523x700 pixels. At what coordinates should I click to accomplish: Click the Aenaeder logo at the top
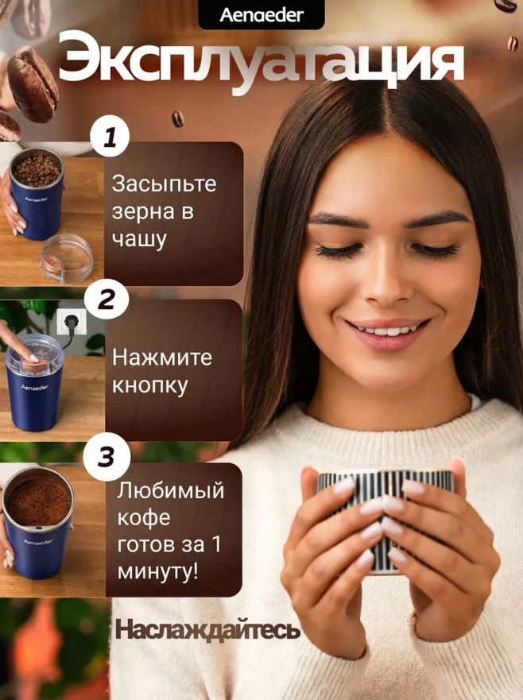tap(261, 15)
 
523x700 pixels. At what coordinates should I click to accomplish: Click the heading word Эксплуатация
tap(261, 62)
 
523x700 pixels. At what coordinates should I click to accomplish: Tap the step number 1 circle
tap(110, 137)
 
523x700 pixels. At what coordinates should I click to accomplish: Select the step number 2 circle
tap(107, 299)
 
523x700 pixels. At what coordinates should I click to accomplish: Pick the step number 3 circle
tap(107, 457)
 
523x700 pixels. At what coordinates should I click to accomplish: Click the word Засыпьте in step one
tap(164, 183)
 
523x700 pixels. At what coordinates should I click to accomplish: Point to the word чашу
tap(139, 239)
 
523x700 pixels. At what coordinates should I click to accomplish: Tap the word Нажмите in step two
tap(162, 357)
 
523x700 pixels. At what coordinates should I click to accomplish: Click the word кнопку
tap(149, 385)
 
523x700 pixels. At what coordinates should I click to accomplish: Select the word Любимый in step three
tap(171, 490)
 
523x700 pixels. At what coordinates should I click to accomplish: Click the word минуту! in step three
tap(157, 572)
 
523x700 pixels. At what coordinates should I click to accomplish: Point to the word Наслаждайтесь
tap(207, 629)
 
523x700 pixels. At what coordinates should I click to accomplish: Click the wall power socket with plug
tap(72, 323)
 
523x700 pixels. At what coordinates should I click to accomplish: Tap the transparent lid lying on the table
tap(67, 258)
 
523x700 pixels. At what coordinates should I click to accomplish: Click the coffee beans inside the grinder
tap(37, 170)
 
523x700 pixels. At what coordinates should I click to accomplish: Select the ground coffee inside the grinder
tap(38, 503)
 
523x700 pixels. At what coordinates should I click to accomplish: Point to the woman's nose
tap(387, 277)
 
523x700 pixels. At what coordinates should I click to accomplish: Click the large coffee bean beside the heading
tap(32, 84)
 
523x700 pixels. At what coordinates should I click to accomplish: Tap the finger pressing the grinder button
tap(19, 342)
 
